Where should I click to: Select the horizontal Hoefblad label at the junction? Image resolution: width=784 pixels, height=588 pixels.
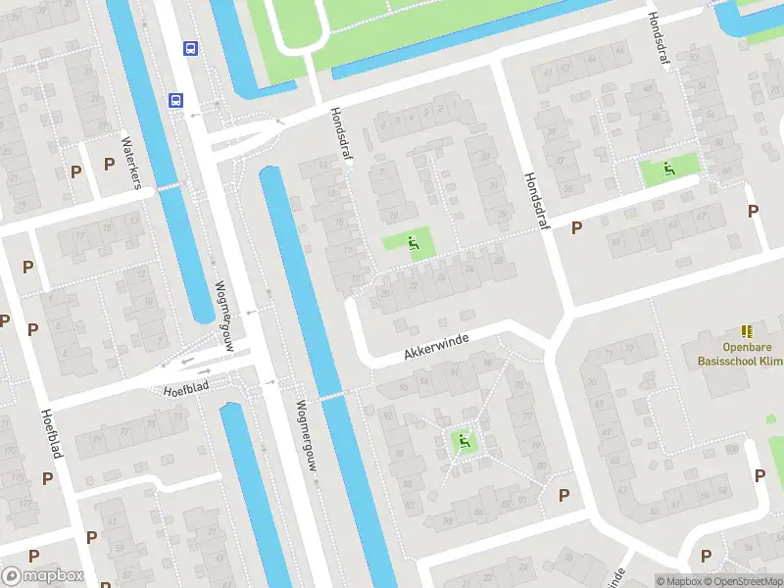coord(186,390)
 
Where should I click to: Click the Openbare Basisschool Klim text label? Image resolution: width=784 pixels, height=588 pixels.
coord(740,355)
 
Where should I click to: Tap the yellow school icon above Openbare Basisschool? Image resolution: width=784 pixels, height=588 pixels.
coord(747,332)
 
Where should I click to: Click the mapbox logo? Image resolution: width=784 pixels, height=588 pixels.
coord(41,576)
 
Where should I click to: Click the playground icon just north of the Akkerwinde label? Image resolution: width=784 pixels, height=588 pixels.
coord(414,241)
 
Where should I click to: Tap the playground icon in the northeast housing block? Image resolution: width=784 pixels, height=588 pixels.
coord(669,169)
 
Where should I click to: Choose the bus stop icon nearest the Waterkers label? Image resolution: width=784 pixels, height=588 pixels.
coord(176,100)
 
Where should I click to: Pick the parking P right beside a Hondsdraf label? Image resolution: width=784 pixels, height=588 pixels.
coord(577,227)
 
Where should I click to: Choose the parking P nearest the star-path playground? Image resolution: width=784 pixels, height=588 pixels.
coord(563,495)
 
